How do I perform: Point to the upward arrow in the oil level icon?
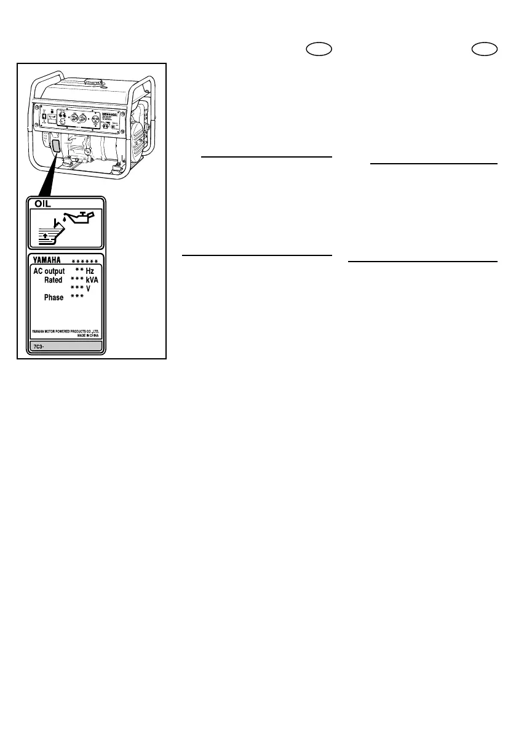tap(47, 236)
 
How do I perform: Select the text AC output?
tap(49, 271)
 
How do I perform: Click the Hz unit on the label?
tap(90, 271)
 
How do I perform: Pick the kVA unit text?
tap(93, 280)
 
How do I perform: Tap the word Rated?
tap(54, 280)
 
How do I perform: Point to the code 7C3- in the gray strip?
tap(39, 346)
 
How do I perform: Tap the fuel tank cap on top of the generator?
tap(93, 81)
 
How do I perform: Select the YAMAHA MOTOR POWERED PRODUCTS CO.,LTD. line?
tap(65, 331)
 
